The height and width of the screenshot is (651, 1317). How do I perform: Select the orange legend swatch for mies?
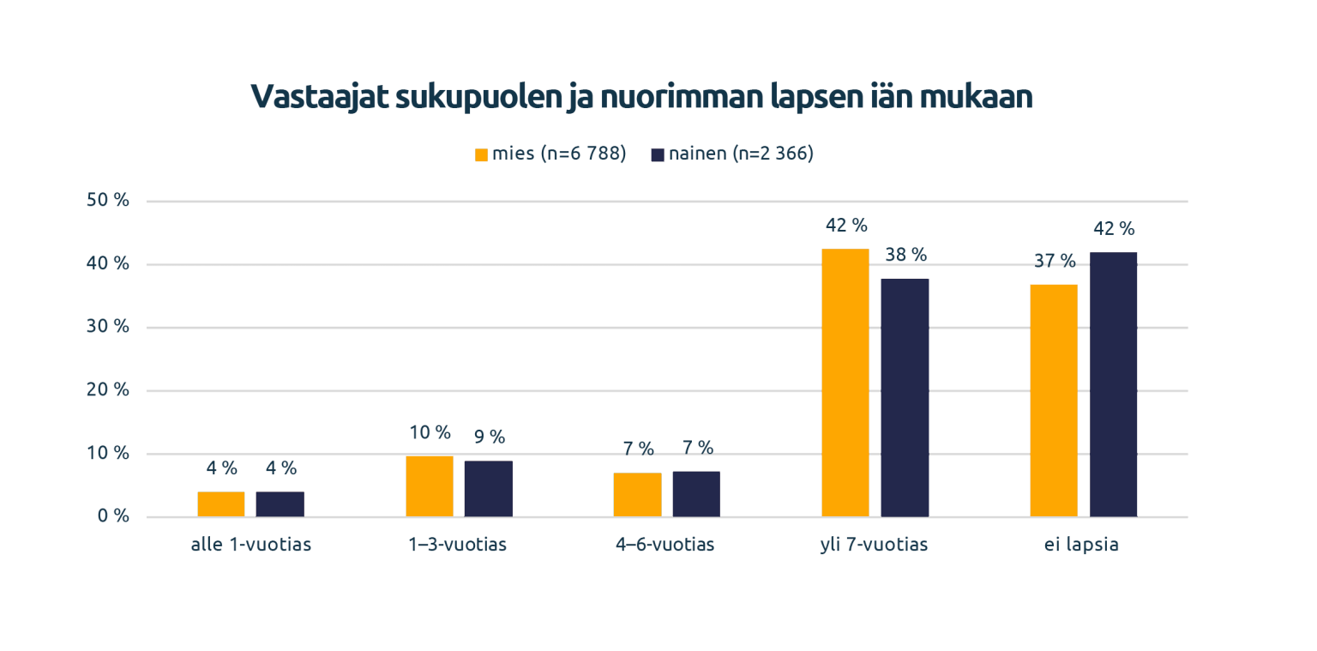481,155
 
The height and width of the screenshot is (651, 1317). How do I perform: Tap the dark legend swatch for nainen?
658,155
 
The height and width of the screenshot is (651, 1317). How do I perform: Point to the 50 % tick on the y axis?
108,201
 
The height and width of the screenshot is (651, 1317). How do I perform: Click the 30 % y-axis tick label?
108,327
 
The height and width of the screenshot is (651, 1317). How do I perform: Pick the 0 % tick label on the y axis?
112,516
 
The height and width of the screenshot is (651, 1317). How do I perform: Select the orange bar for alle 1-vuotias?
221,504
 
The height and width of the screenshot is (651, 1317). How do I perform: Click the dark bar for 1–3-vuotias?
489,489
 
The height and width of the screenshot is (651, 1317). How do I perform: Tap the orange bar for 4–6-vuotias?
637,495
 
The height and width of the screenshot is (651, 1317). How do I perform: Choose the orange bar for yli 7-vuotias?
845,383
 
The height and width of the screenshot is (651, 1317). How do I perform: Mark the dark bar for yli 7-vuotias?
905,398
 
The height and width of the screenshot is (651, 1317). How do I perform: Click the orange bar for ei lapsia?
1054,401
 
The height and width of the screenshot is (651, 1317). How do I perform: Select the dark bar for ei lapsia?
1113,384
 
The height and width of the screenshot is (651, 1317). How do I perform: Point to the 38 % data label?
906,255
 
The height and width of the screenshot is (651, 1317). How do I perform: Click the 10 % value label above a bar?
430,432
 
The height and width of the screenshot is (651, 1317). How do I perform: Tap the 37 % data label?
1055,261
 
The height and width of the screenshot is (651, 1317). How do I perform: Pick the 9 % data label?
490,437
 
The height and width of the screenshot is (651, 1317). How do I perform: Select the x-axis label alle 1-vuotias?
250,545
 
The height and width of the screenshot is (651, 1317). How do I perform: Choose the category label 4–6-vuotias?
665,545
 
